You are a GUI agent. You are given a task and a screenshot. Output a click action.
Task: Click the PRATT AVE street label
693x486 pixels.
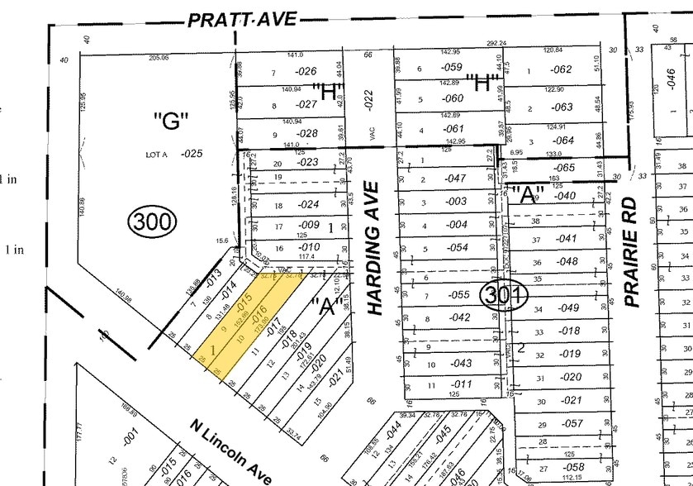(x=241, y=18)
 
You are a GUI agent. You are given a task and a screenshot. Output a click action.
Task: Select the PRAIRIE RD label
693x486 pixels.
(x=634, y=251)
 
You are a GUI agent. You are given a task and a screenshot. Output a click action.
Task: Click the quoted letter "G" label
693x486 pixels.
(x=172, y=122)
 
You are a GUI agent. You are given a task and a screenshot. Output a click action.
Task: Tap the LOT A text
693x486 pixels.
(x=157, y=154)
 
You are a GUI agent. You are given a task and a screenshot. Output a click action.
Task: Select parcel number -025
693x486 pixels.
(x=192, y=154)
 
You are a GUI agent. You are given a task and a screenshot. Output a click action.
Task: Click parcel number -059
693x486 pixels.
(x=451, y=68)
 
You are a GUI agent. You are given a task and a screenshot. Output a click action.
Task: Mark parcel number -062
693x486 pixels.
(x=561, y=70)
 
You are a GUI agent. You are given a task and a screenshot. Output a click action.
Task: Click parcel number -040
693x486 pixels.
(x=565, y=196)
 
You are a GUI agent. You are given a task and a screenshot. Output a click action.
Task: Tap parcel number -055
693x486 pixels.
(x=457, y=295)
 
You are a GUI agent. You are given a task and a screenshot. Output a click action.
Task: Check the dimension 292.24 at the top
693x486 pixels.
(x=496, y=44)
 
